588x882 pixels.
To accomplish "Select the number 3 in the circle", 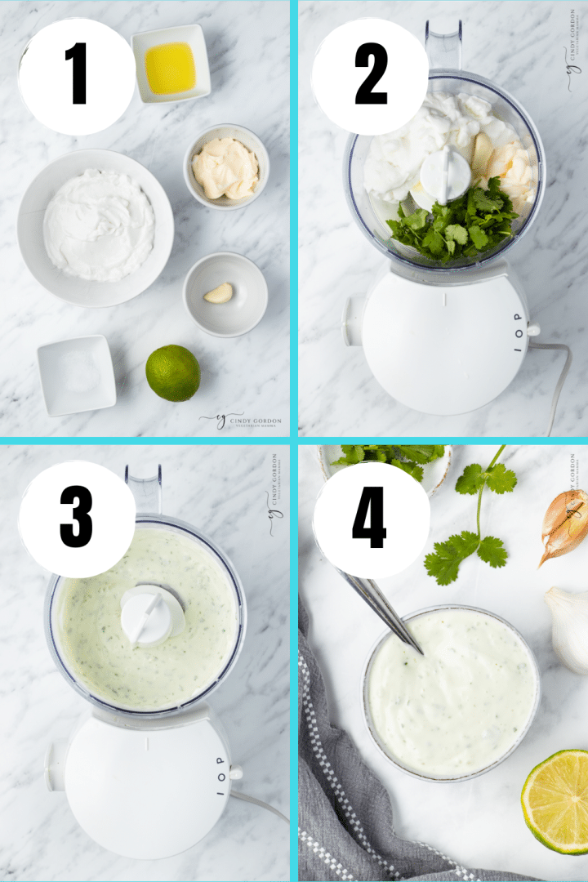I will coord(76,519).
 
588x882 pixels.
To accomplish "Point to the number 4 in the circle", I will coord(369,519).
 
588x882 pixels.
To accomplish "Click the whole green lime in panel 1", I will coord(172,373).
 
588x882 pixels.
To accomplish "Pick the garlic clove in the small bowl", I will coord(218,293).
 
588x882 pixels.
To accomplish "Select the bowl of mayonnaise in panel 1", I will coord(225,167).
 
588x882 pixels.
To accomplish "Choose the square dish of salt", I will coord(76,375).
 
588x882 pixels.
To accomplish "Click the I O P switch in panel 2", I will coord(517,332).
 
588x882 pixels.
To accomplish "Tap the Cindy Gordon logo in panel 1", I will coord(241,421).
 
